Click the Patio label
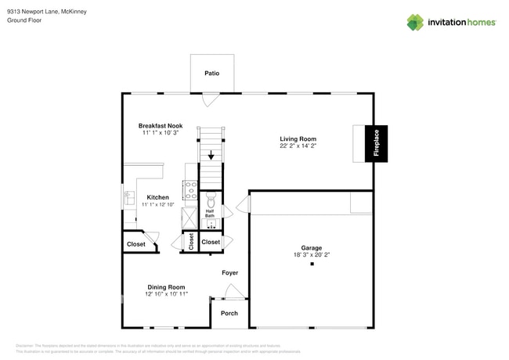[211, 74]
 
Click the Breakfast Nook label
[161, 125]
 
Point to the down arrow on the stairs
[211, 156]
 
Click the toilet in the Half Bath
[210, 200]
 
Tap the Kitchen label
[158, 197]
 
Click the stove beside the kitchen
[190, 189]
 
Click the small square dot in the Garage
[312, 265]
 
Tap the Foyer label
[229, 273]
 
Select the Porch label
[229, 313]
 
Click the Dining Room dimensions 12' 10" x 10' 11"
[166, 294]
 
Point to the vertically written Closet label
[191, 243]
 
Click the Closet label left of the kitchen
[135, 244]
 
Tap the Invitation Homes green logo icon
[414, 22]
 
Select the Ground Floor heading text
[23, 20]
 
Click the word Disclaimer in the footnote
[25, 345]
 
